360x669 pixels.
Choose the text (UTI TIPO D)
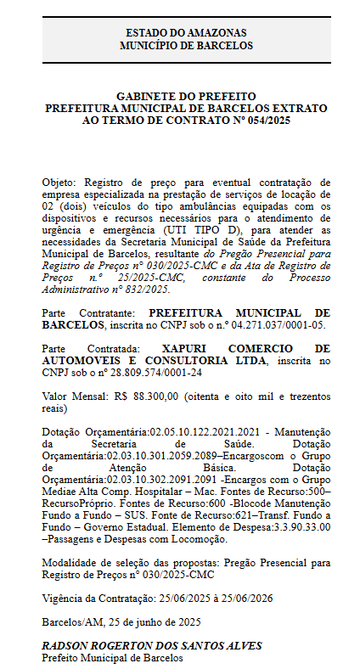[x=204, y=230]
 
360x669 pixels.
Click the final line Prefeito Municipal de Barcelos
[x=113, y=658]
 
